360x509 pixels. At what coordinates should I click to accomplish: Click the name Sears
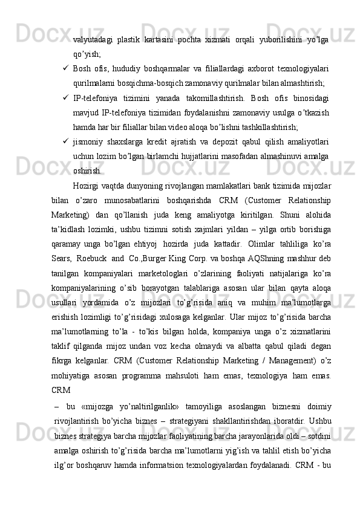[x=62, y=272]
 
